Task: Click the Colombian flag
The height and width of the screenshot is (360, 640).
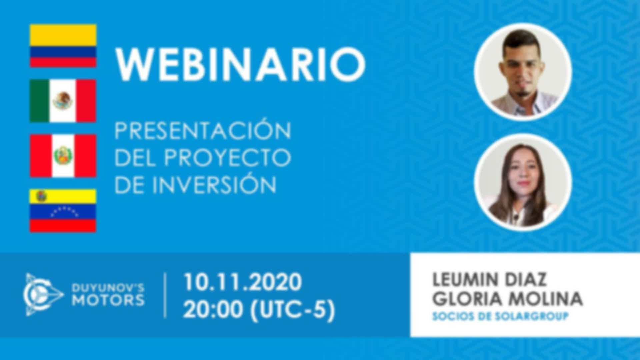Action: point(63,46)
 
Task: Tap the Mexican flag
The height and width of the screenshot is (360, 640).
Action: point(63,101)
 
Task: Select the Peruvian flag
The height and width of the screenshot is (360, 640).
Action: point(63,156)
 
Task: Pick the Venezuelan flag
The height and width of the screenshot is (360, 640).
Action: point(63,210)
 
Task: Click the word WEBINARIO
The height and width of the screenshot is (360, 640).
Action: point(240,64)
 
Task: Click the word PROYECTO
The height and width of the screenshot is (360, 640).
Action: point(227,158)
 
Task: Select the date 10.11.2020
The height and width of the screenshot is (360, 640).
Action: point(243,282)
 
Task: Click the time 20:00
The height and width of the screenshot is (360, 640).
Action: point(213,310)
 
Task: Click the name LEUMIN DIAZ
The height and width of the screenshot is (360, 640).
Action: point(489,279)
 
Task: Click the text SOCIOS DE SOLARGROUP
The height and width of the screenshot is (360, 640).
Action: point(500,316)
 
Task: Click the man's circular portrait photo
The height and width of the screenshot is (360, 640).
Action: point(523,72)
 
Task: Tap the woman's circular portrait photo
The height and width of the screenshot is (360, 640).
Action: point(523,182)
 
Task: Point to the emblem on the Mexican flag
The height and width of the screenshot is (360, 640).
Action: point(63,101)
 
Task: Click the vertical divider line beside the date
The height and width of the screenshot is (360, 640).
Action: point(165,295)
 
